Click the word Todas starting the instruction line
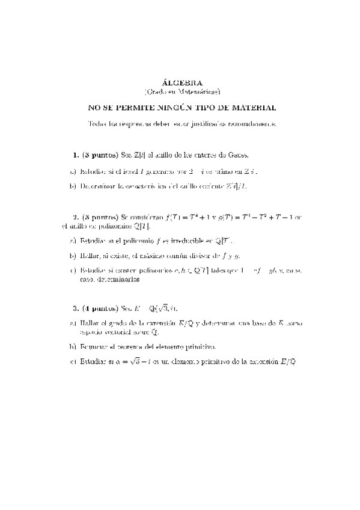[96, 124]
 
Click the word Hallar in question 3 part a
[88, 324]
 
